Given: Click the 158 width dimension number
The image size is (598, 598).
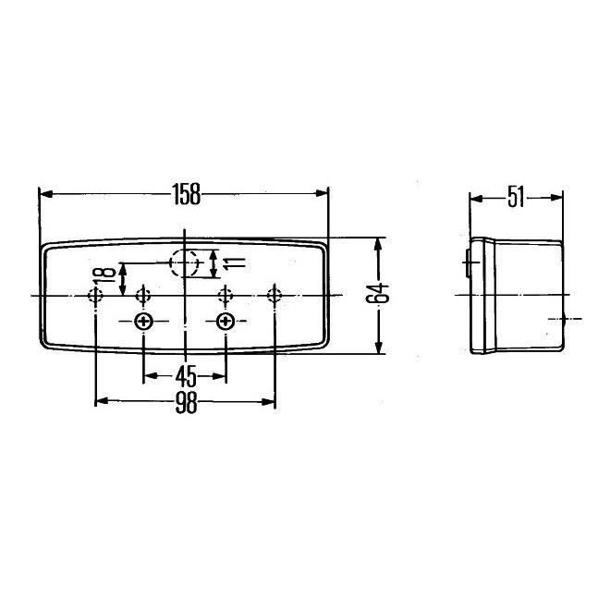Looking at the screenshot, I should (186, 194).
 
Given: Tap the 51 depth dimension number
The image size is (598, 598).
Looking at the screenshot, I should (516, 195).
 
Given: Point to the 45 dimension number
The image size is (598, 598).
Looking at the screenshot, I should (186, 376).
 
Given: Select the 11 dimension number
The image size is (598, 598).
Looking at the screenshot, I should (232, 264).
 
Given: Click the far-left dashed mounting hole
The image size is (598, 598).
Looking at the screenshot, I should (95, 295).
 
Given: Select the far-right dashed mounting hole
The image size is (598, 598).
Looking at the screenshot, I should (275, 295).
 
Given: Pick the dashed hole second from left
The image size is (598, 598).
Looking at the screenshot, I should (143, 295).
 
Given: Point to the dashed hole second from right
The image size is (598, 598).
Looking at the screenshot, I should (225, 295).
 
